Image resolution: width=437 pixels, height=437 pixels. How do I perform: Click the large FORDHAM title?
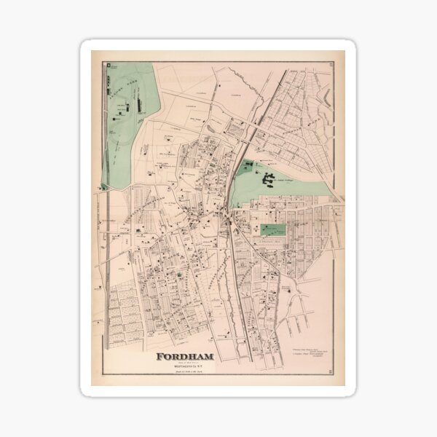coord(187,357)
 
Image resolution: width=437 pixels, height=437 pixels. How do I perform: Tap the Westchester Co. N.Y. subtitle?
coord(187,366)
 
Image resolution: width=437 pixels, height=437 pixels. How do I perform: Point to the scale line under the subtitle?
coord(187,373)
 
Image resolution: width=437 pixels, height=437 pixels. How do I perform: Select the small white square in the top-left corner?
coord(106,66)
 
